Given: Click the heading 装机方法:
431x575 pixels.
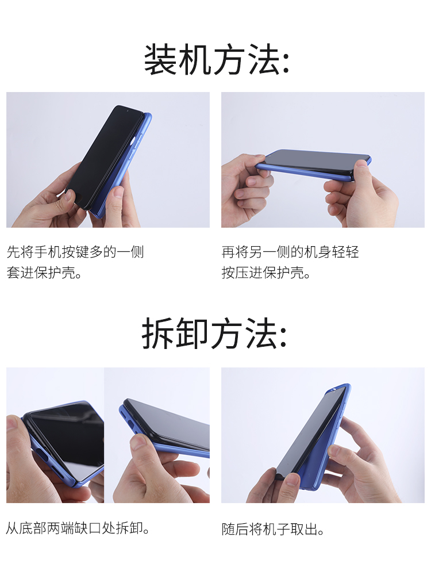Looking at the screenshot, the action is (x=217, y=60).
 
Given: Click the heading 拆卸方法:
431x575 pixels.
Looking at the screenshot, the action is (x=215, y=333).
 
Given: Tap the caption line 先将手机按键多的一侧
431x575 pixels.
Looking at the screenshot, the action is (x=75, y=252).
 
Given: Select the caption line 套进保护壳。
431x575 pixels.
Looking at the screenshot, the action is (x=44, y=273).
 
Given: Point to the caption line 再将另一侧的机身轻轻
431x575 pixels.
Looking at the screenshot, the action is (x=290, y=252).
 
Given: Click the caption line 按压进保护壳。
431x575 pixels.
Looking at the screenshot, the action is (x=265, y=273).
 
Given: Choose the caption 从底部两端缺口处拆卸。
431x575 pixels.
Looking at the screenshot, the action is (x=78, y=528).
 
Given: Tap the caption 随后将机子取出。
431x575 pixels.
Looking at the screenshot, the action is (x=272, y=529).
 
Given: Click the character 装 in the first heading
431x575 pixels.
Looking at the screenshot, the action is (x=159, y=60).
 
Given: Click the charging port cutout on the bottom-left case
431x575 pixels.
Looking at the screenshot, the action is (x=45, y=457).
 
